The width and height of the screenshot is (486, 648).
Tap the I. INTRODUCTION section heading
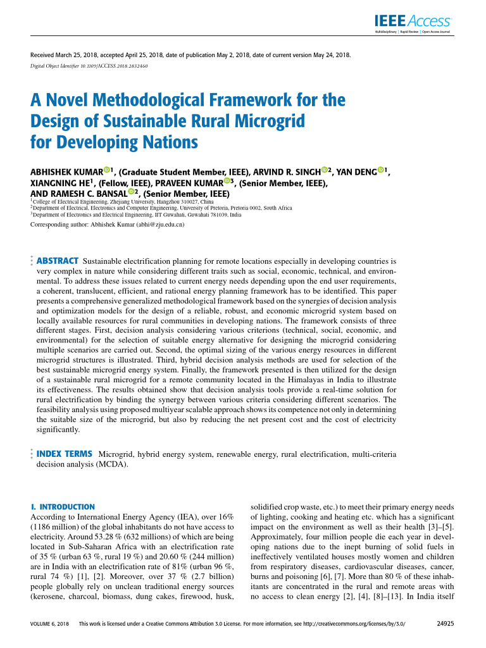[63, 507]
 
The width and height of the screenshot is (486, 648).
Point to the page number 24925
[447, 623]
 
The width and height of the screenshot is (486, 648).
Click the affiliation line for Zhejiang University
[121, 201]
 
